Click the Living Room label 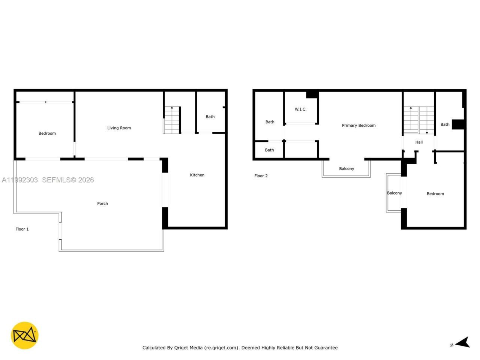tap(119, 128)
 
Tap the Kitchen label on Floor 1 tap(197, 175)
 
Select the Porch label tap(102, 204)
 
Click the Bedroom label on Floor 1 tap(47, 133)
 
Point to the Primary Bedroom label tap(358, 125)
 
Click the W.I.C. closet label tap(300, 109)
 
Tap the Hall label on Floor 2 tap(419, 142)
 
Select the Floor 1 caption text tap(22, 229)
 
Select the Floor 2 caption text tap(261, 176)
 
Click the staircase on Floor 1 tap(172, 120)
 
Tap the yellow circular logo tap(24, 335)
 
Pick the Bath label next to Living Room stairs tap(210, 117)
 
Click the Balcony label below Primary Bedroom tap(346, 169)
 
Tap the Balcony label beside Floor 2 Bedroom tap(394, 193)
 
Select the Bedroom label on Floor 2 tap(435, 194)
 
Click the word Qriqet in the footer tap(181, 348)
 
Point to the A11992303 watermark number tap(20, 180)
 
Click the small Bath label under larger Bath tap(269, 150)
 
